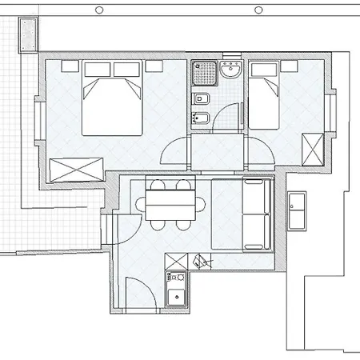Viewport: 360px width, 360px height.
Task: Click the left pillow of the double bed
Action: tap(97, 69)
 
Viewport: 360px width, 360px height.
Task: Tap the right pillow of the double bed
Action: tap(126, 69)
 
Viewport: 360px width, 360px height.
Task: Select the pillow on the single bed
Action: tap(265, 70)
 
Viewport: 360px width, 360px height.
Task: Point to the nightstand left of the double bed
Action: tap(67, 64)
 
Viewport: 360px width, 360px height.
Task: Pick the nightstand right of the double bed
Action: tap(156, 64)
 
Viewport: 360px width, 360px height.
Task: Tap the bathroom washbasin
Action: tap(231, 70)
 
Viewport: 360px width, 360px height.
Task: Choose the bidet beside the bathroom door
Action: tap(200, 118)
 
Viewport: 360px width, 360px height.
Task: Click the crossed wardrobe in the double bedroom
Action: tap(76, 170)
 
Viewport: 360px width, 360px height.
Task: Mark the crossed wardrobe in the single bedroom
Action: tap(311, 148)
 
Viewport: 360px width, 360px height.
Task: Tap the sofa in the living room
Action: tap(244, 214)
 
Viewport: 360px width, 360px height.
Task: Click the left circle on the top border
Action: tap(98, 10)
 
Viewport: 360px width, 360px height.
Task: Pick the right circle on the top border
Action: tap(258, 10)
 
